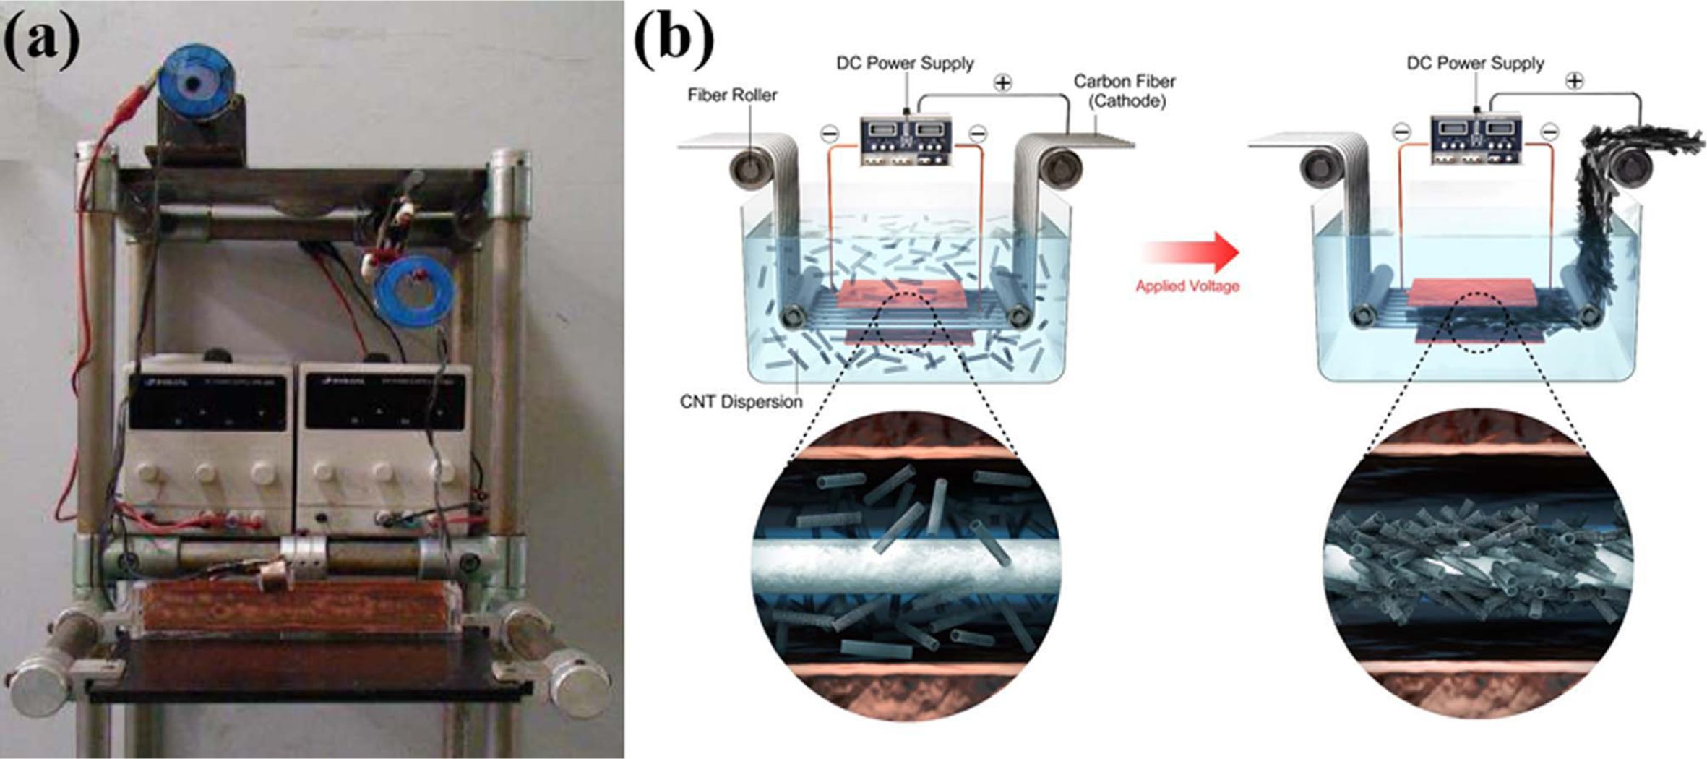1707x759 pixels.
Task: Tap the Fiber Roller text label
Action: [x=732, y=95]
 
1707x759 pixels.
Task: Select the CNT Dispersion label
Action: [x=741, y=402]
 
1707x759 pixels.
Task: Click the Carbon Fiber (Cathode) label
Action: [x=1124, y=91]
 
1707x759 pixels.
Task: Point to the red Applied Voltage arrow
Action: [x=1190, y=252]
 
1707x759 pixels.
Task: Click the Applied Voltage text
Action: [x=1187, y=286]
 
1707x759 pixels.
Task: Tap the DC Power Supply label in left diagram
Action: [x=905, y=64]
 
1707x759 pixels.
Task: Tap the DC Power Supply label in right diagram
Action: [x=1475, y=64]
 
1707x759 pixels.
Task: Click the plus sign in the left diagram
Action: [x=1002, y=83]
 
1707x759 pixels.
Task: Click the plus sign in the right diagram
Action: [x=1574, y=81]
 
